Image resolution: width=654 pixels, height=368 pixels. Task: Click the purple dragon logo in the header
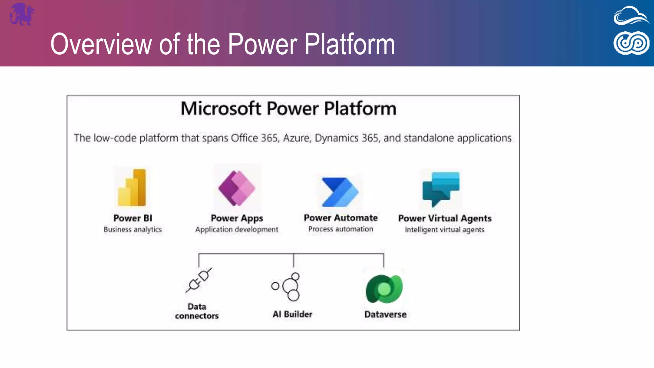click(x=22, y=14)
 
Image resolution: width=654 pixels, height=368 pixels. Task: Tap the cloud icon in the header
click(x=631, y=16)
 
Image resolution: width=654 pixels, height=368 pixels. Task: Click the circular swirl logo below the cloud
click(x=631, y=43)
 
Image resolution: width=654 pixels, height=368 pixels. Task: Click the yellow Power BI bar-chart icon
click(x=132, y=188)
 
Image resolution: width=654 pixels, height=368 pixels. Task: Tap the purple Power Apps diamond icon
click(x=237, y=188)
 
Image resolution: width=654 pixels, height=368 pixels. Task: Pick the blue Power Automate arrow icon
click(x=340, y=192)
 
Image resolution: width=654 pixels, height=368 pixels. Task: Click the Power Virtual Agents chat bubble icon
click(x=441, y=189)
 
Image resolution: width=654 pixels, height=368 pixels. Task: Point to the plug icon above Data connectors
click(x=199, y=280)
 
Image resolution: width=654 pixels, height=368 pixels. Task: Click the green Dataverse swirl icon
click(x=384, y=289)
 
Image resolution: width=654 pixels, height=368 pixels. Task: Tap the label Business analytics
click(x=133, y=230)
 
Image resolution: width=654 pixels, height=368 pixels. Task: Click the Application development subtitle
click(x=237, y=230)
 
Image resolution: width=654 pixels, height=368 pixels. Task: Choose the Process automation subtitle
click(x=340, y=229)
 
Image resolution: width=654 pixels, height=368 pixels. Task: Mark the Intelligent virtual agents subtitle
click(x=445, y=230)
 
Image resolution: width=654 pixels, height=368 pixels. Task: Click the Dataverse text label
click(x=385, y=314)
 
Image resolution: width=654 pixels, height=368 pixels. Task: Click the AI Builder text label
click(x=292, y=314)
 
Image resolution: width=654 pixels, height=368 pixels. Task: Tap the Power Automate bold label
click(x=340, y=218)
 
